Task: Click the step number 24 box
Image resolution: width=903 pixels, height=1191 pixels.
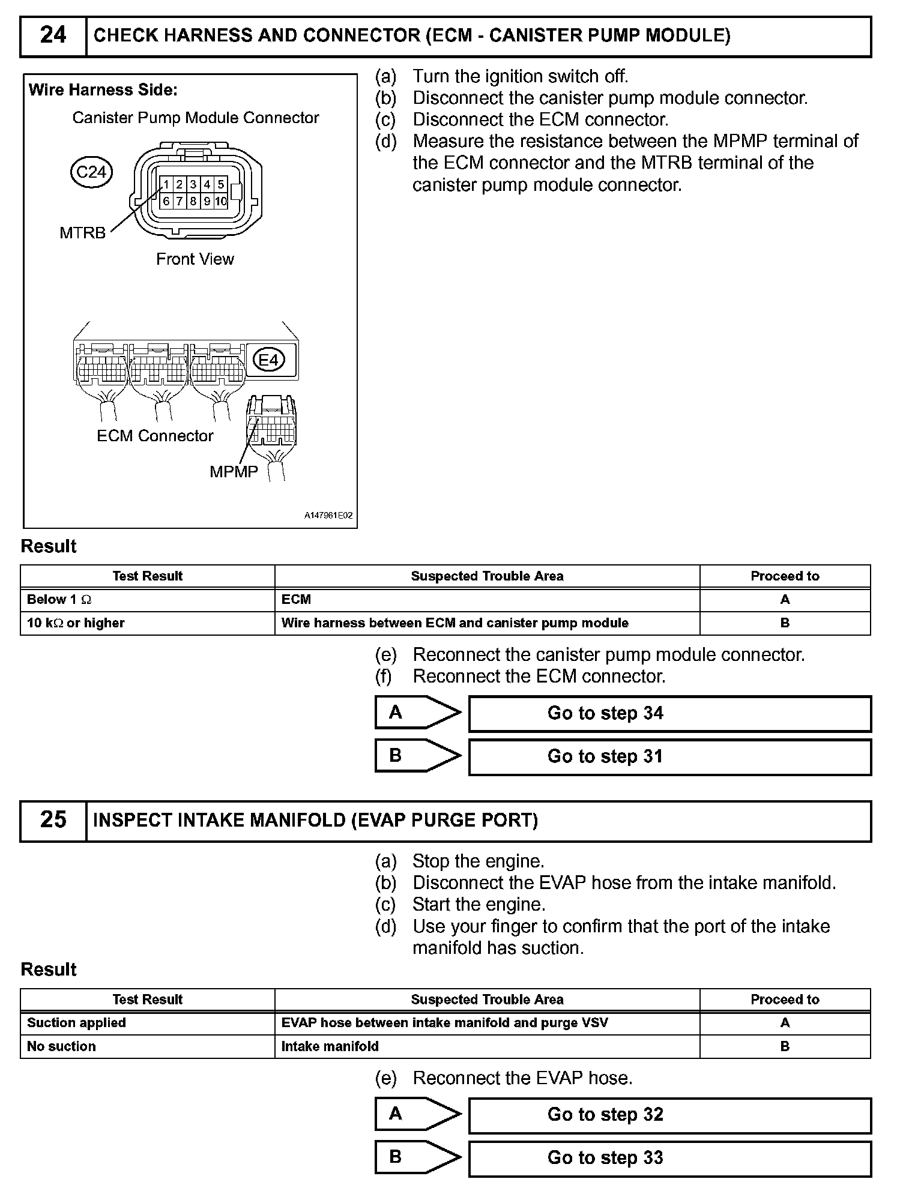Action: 53,36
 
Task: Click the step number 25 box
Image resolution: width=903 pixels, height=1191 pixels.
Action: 53,820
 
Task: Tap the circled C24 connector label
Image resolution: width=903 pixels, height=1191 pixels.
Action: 91,172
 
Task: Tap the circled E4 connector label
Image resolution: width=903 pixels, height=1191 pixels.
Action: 268,360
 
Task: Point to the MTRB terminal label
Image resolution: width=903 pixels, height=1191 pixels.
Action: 82,232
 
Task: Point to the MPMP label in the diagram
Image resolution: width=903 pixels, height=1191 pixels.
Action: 234,472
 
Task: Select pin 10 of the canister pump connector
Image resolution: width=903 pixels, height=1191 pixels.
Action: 221,202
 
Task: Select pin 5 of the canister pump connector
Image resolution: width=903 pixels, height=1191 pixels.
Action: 221,184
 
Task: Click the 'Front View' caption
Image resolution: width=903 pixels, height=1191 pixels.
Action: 195,259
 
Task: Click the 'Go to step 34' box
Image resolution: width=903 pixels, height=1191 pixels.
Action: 669,713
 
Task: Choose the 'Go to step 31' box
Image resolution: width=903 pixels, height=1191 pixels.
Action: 669,756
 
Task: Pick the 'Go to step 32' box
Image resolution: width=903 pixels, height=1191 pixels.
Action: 669,1115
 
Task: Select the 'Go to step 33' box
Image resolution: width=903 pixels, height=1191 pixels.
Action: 669,1158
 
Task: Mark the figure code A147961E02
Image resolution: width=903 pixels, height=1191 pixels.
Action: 328,516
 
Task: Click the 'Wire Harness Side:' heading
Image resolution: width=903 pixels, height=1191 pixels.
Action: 103,90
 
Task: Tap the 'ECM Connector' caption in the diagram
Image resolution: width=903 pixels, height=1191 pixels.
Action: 155,436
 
